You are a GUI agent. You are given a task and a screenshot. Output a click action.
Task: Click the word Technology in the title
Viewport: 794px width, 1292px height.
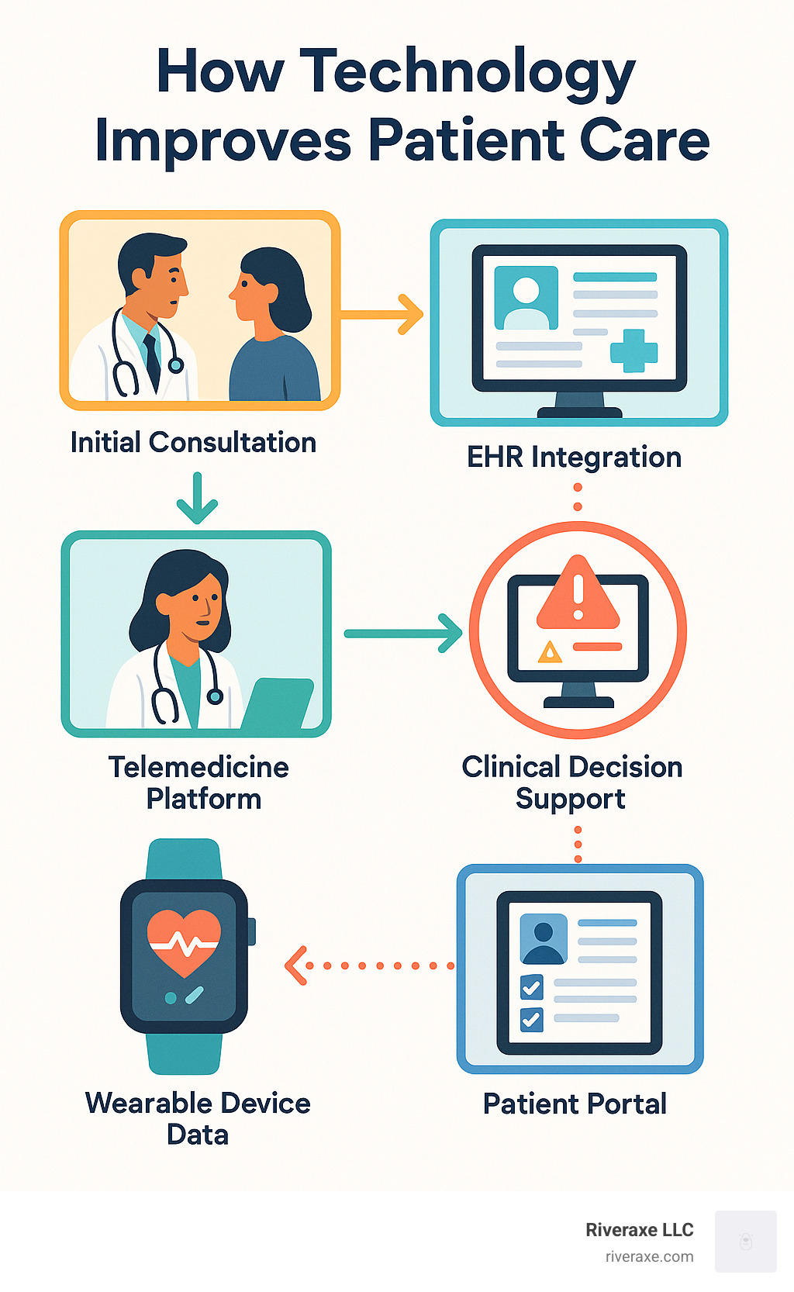467,73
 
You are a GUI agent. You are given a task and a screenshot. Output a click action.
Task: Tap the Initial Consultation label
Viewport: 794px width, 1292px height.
193,443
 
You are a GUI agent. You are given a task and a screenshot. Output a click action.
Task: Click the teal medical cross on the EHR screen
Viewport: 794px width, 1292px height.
633,351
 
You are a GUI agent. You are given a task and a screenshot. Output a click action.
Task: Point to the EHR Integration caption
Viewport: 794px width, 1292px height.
574,458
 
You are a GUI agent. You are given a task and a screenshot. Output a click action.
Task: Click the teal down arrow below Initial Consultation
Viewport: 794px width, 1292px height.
197,499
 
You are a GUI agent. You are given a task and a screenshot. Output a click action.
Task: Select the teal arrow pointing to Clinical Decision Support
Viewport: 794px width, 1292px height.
403,634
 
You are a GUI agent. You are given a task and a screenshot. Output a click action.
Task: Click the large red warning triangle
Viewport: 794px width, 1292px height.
578,596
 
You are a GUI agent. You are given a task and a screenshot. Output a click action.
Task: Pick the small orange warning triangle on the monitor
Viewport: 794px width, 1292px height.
550,652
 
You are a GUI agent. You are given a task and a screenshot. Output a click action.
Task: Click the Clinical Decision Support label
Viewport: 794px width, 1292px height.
572,782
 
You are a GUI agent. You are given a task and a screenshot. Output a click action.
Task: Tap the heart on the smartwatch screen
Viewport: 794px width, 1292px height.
184,941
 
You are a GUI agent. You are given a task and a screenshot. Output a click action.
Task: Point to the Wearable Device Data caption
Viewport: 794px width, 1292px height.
198,1118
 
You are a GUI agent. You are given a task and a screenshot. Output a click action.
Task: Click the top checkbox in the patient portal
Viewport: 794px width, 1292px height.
532,987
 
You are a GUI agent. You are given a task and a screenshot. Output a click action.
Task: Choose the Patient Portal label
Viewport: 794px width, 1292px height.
575,1104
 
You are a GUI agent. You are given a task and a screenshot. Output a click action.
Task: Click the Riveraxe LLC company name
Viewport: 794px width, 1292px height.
639,1230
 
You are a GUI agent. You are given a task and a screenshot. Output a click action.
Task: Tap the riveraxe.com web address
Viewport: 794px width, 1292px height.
649,1257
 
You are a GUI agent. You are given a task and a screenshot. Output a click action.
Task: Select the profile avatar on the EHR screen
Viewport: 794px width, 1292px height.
526,298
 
